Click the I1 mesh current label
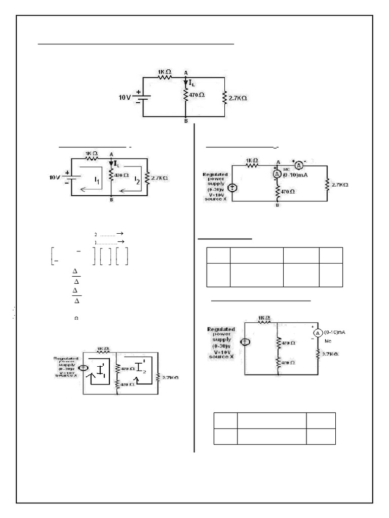pos(97,179)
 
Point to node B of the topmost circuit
pos(185,122)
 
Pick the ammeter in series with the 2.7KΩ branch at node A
pos(299,165)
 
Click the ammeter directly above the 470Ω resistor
pos(277,173)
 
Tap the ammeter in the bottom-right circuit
pos(318,333)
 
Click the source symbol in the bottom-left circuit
pos(85,368)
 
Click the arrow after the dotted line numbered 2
pos(120,234)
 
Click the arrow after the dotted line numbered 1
pos(120,242)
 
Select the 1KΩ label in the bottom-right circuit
pos(264,318)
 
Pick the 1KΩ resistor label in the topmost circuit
pos(165,73)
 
